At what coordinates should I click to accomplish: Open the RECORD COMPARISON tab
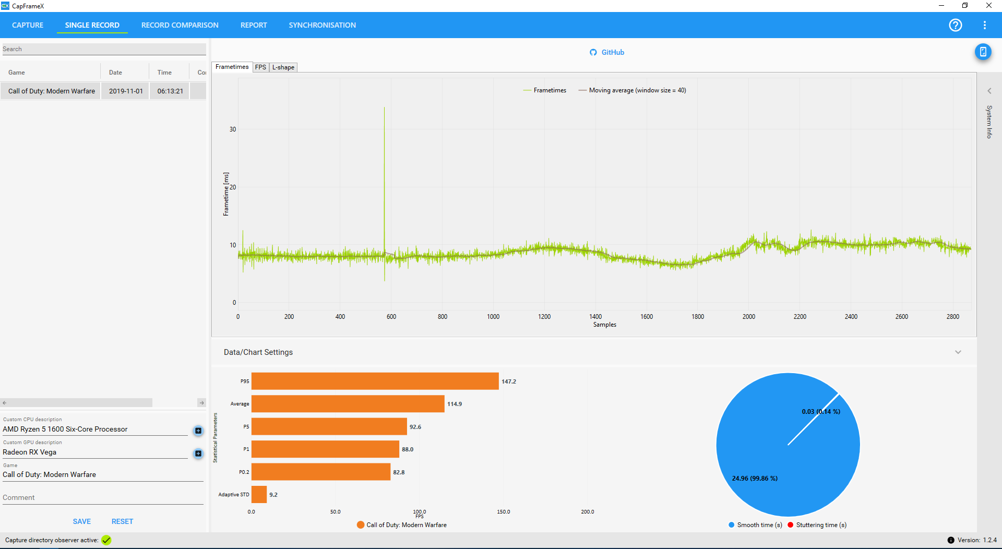coord(180,25)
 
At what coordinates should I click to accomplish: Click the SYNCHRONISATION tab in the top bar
coord(322,25)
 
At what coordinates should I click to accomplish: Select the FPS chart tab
coord(260,67)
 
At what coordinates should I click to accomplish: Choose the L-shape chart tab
coord(283,67)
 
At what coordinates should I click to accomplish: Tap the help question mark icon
coord(955,25)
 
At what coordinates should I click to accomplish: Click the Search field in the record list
coord(104,49)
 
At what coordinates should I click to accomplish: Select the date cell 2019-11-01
coord(126,91)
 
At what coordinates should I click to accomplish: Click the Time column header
coord(164,73)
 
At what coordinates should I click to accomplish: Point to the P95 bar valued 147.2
coord(375,381)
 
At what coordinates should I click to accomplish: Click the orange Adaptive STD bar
coord(259,494)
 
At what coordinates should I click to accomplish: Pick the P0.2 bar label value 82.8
coord(399,472)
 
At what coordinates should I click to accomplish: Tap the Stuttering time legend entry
coord(817,525)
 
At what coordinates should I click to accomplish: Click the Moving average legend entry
coord(633,90)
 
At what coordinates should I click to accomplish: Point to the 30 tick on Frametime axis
coord(233,129)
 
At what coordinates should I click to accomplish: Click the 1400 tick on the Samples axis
coord(595,317)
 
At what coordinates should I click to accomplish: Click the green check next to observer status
coord(106,540)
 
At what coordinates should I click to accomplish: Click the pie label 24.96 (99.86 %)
coord(755,479)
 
